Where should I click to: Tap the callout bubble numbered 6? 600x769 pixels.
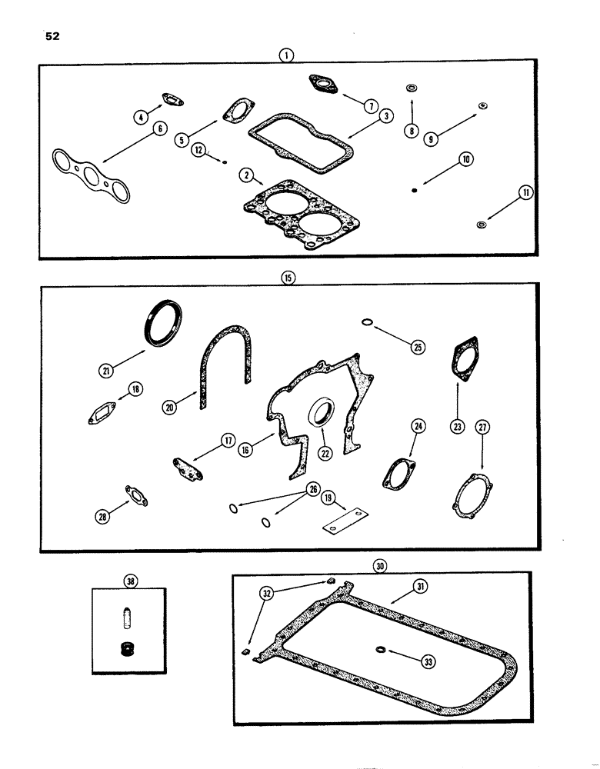(x=158, y=129)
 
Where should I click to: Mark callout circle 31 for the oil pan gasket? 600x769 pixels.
(x=419, y=587)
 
